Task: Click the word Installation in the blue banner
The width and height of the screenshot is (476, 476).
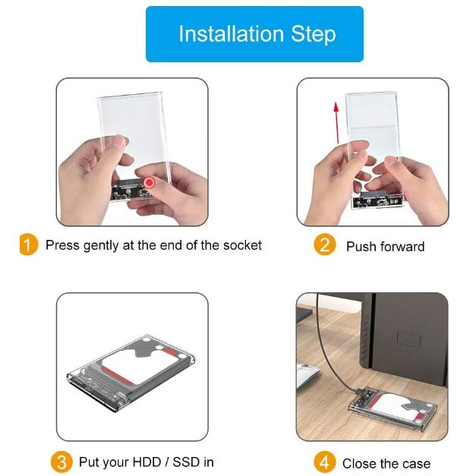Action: pos(232,33)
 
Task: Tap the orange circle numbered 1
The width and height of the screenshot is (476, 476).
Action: pos(29,244)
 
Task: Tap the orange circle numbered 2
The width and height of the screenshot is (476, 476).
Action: pos(324,244)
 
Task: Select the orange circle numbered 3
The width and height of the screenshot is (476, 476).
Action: pos(61,462)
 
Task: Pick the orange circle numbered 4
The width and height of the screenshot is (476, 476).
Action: pos(324,462)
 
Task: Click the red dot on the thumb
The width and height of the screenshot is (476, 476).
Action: pos(149,183)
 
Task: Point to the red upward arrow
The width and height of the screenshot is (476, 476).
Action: pos(336,123)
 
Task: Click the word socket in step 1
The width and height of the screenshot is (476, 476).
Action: pos(242,245)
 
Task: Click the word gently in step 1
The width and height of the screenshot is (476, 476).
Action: pos(100,245)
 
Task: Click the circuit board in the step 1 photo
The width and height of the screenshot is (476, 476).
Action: pos(131,190)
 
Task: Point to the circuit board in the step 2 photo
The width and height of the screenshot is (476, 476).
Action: pos(377,199)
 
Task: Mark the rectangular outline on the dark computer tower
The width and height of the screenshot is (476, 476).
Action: pos(409,339)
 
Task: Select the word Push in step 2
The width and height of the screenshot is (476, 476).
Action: pos(361,247)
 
